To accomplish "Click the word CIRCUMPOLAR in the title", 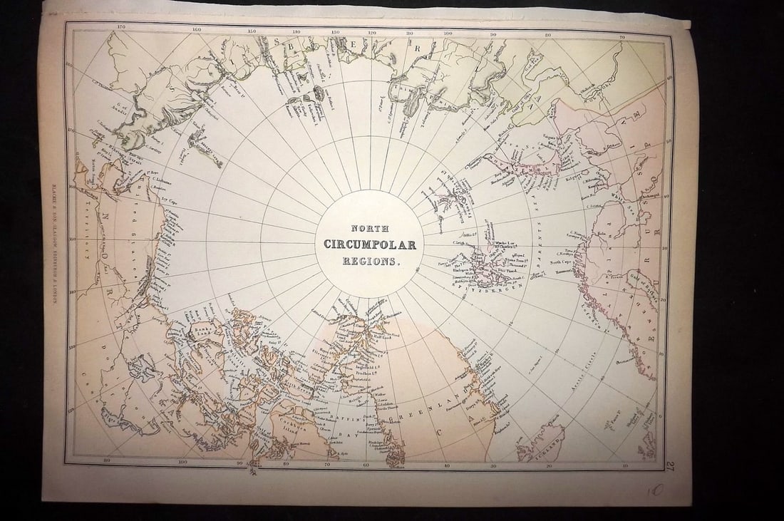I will [x=370, y=244].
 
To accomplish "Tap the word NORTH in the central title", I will [x=370, y=229].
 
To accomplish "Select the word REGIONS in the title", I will [x=370, y=261].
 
